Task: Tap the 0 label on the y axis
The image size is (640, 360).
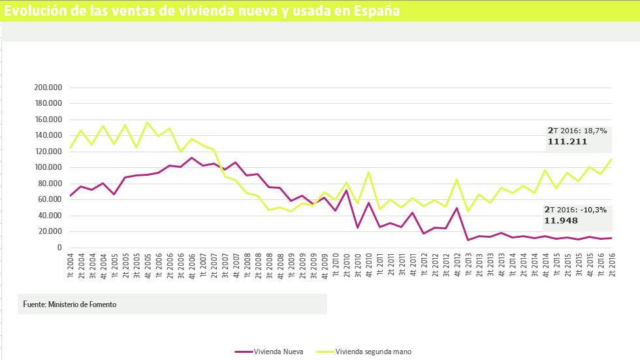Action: click(x=59, y=248)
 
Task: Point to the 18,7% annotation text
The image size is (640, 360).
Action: click(x=595, y=131)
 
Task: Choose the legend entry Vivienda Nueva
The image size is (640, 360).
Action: click(x=278, y=352)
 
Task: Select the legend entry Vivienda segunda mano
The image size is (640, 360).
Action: click(x=373, y=352)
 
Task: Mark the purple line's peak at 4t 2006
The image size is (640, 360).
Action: click(x=191, y=157)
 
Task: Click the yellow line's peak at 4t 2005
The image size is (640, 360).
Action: click(x=147, y=122)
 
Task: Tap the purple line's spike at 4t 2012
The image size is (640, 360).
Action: click(x=457, y=208)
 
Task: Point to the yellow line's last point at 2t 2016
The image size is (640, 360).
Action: click(x=612, y=159)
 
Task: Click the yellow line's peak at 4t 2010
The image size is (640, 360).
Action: click(x=369, y=172)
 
